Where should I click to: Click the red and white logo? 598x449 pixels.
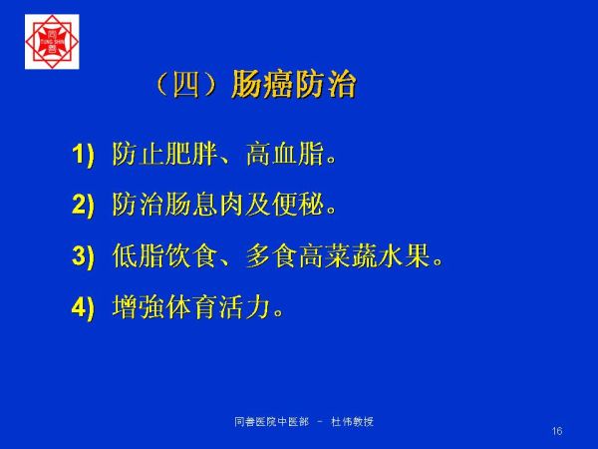[52, 42]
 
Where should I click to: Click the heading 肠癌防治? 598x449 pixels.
[294, 85]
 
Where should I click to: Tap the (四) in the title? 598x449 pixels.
[186, 85]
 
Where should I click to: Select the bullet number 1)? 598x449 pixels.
[83, 155]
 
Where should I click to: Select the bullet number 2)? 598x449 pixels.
[83, 205]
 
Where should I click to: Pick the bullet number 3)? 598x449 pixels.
[83, 255]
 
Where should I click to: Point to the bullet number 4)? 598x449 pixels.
[83, 306]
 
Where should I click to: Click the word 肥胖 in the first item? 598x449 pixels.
[191, 154]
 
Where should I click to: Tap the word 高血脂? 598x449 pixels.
[285, 154]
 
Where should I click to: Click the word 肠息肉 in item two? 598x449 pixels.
[204, 205]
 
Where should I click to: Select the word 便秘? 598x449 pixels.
[298, 205]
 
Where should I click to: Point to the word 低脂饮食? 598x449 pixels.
[165, 255]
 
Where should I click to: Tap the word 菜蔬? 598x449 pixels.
[351, 255]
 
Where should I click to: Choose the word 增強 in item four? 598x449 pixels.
[139, 306]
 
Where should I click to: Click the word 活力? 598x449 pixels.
[244, 306]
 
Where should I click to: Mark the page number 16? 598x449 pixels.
[557, 431]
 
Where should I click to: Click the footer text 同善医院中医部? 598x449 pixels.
[271, 421]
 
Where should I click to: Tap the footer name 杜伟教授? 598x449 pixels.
[352, 421]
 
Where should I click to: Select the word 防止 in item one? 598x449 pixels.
[139, 154]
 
